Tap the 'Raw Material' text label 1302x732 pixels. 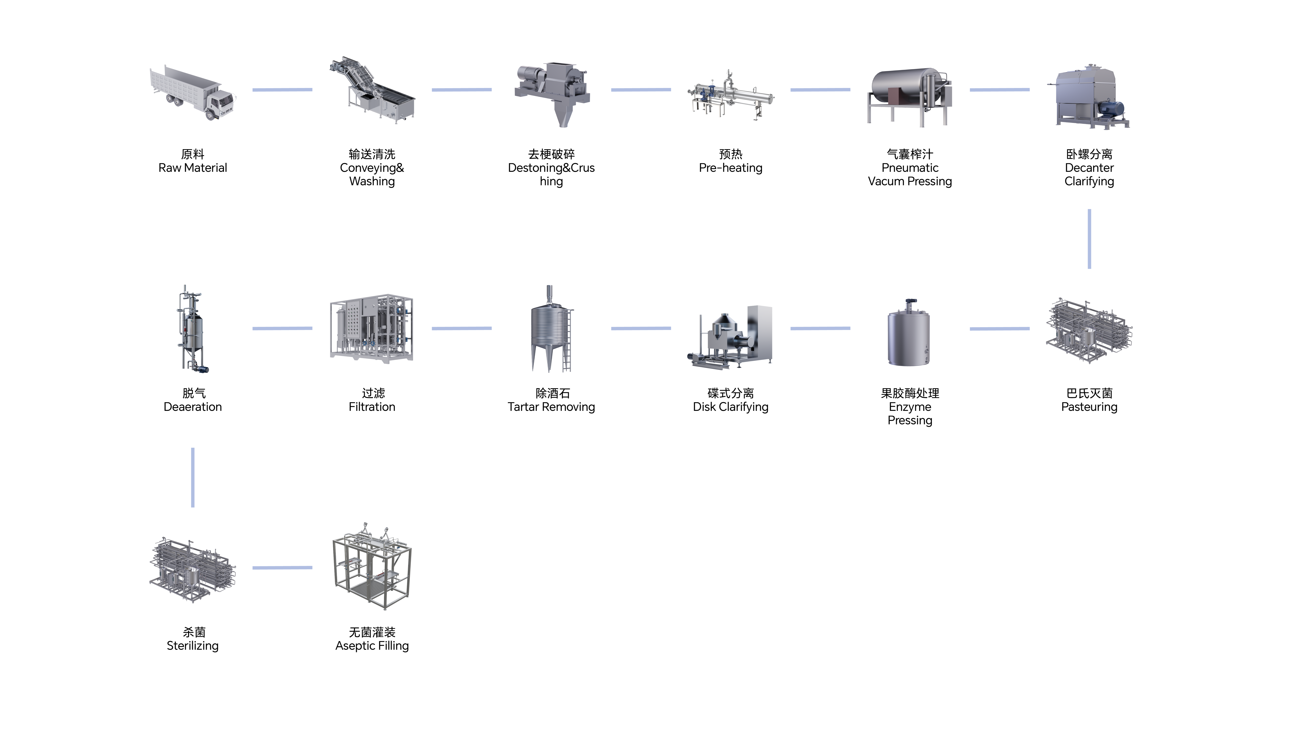tap(193, 168)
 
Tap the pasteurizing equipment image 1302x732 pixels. tap(1089, 331)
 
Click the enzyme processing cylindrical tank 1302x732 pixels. tap(909, 336)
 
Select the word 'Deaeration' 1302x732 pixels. tap(193, 407)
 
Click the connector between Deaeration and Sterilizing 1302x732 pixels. tap(193, 477)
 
